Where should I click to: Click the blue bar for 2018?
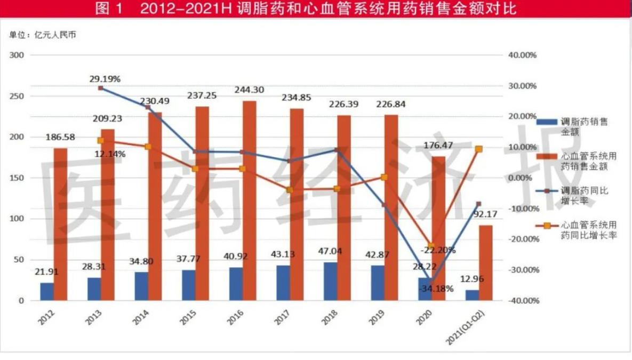click(x=330, y=281)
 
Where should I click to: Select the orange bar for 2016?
click(x=250, y=201)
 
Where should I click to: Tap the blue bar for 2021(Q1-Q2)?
click(x=472, y=295)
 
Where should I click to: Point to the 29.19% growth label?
click(x=105, y=79)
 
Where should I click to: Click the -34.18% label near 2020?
click(x=436, y=289)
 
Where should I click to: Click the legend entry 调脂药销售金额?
click(x=583, y=126)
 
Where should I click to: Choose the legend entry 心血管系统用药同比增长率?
click(x=588, y=230)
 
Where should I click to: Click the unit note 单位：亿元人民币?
click(x=43, y=35)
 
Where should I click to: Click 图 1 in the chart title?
click(x=109, y=9)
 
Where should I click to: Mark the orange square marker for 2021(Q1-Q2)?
click(x=479, y=149)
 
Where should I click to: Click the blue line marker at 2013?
click(x=100, y=88)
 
